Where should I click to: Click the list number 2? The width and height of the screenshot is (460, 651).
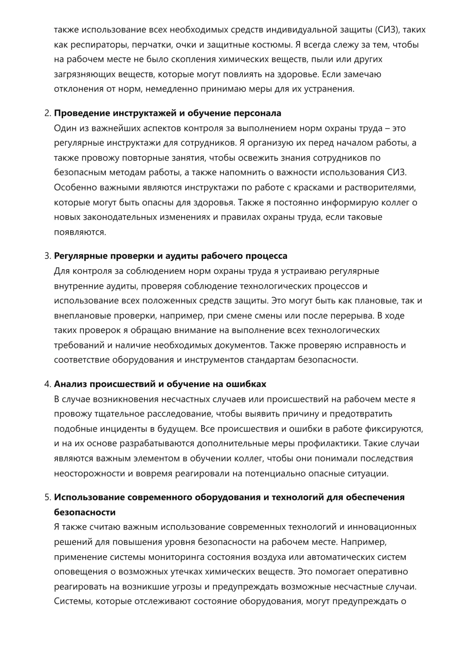coord(47,113)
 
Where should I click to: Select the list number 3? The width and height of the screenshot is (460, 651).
coord(47,256)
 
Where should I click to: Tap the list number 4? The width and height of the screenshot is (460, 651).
coord(47,384)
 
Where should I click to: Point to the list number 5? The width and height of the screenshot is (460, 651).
coord(47,497)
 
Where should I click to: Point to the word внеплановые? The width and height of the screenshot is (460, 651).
coord(78,316)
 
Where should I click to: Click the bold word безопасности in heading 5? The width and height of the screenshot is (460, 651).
coord(85,512)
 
